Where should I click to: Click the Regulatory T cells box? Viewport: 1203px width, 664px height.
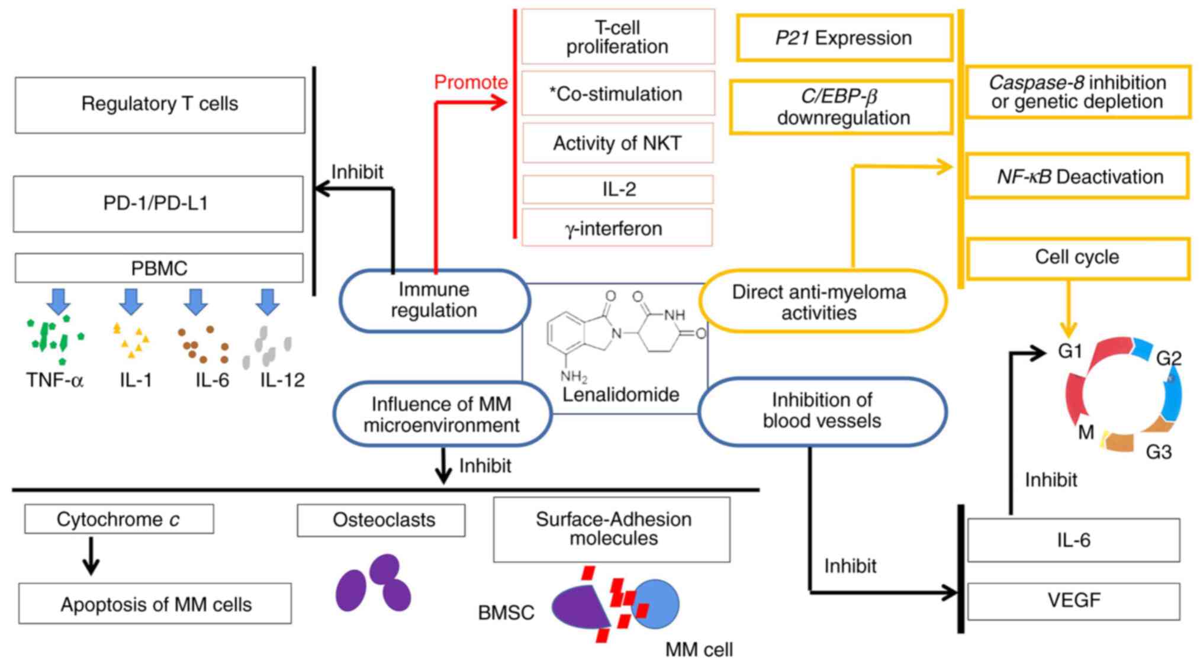coord(160,105)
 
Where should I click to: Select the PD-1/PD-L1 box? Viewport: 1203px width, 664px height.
coord(158,204)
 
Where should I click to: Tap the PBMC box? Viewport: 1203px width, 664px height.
coord(159,268)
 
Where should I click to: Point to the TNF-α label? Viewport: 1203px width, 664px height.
coord(54,380)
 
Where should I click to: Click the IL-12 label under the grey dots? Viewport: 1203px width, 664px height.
coord(282,380)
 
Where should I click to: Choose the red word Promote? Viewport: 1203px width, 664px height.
coord(471,82)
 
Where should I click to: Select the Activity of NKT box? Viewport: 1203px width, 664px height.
coord(617,143)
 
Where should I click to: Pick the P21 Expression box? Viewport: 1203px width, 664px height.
coord(844,38)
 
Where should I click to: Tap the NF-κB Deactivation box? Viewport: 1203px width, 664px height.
coord(1077,176)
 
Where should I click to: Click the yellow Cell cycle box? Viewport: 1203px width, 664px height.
coord(1077,257)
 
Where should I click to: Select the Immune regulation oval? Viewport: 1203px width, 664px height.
coord(434,300)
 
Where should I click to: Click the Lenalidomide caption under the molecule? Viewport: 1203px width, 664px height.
coord(620,395)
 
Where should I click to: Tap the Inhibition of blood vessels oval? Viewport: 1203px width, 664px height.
coord(822,411)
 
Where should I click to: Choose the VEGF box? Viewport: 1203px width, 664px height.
coord(1073,601)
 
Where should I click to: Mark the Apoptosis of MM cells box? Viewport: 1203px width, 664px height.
coord(155,604)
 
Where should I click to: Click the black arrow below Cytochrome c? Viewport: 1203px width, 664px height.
coord(91,556)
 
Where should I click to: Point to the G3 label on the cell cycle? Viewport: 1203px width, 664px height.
coord(1159,452)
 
